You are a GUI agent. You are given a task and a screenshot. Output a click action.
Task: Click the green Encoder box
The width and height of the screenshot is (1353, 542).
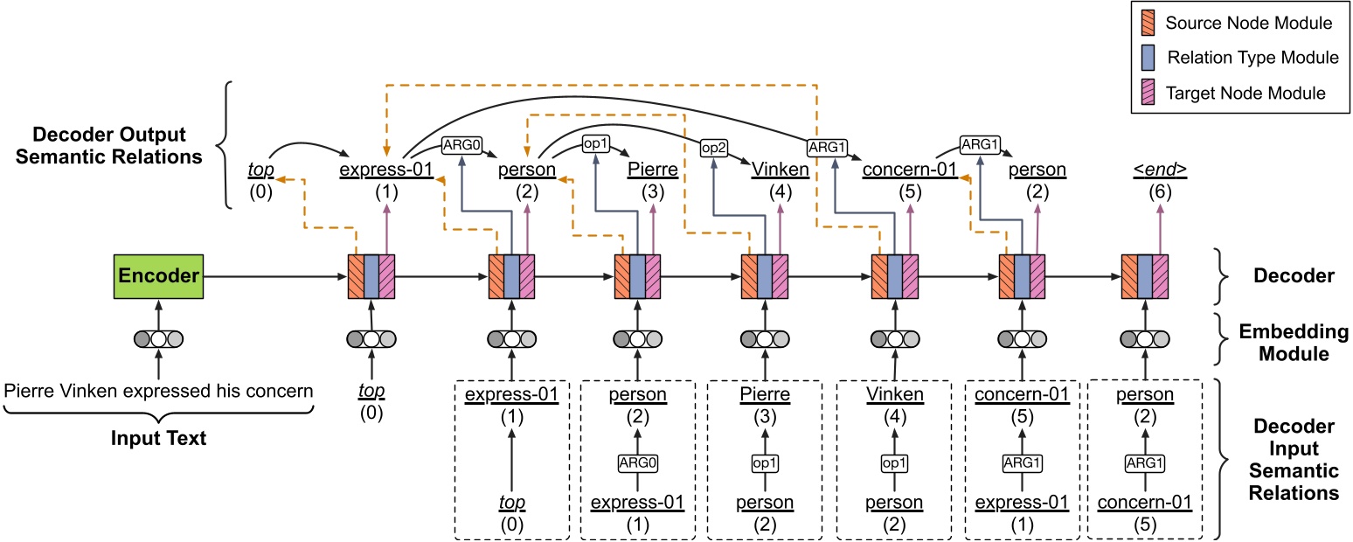(158, 276)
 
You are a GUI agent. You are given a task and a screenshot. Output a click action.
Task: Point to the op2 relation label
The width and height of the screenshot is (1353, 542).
(712, 149)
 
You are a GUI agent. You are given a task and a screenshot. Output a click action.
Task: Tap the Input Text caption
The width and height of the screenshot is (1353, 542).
(158, 438)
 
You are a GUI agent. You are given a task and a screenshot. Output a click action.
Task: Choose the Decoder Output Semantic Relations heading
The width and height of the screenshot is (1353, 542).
(110, 146)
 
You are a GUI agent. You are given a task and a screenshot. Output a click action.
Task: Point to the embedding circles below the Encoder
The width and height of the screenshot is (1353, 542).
(158, 340)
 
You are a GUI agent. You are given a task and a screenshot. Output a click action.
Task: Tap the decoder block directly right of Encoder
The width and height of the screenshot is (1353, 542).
(372, 276)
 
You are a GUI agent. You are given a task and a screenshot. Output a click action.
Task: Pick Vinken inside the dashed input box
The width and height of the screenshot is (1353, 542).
(895, 394)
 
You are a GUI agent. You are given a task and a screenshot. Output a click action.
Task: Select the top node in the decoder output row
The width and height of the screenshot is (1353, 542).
(259, 171)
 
